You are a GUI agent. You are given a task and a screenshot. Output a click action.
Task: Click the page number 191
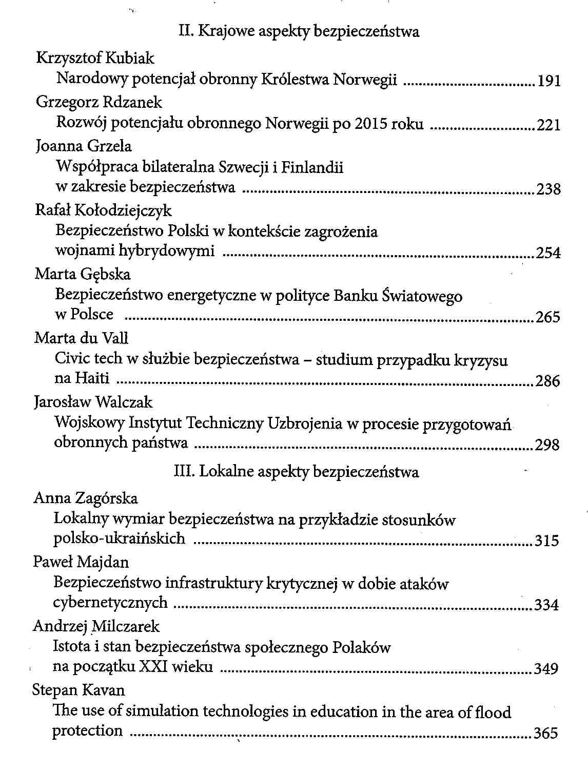[548, 81]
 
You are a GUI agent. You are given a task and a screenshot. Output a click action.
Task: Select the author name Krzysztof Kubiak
[95, 58]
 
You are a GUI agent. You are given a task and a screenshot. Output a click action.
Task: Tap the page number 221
[548, 125]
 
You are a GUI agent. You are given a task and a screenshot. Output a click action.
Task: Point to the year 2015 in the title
[371, 124]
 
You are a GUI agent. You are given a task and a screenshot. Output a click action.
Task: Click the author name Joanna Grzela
[84, 146]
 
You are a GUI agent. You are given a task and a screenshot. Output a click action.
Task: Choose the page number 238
[548, 189]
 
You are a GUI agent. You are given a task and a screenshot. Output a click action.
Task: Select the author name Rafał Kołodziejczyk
[103, 210]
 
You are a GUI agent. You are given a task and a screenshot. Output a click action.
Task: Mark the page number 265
[548, 317]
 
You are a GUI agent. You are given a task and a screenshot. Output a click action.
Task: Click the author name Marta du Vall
[81, 338]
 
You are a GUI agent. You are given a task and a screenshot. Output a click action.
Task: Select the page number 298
[547, 445]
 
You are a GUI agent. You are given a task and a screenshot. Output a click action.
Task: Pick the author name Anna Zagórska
[86, 498]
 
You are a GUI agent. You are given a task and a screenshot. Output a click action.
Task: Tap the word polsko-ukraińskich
[119, 539]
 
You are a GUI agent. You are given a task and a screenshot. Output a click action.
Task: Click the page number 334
[546, 605]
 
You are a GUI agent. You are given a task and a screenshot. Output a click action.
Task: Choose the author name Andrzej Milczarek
[96, 626]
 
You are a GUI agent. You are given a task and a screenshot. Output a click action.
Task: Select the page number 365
[546, 733]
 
